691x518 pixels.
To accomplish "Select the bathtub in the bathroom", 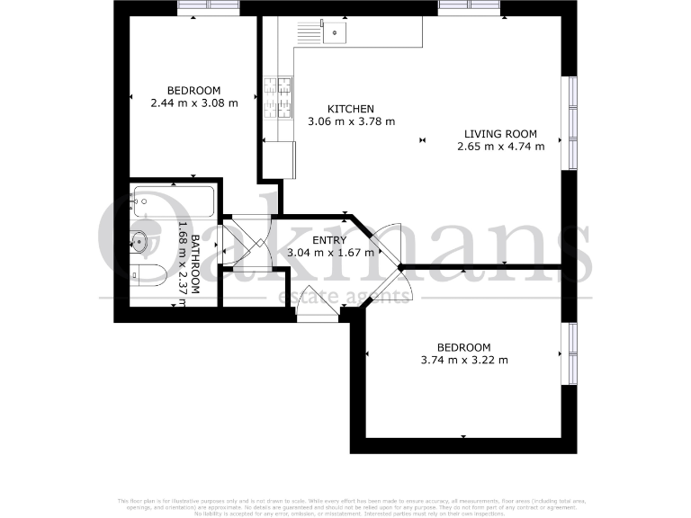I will (173, 201).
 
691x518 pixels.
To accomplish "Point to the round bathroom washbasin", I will (140, 240).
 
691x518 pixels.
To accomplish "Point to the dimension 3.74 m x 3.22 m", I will (464, 361).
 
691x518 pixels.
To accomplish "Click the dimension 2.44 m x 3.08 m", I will (193, 103).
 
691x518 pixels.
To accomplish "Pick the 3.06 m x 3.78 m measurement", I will (351, 121).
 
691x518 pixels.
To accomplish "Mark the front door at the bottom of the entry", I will (319, 314).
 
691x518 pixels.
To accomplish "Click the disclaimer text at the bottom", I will (345, 505).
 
